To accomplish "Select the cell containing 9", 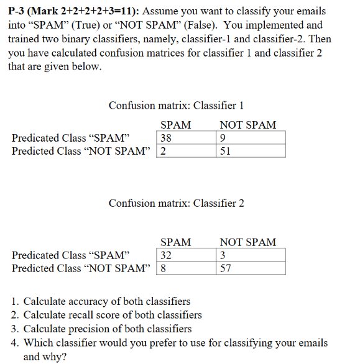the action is click(x=251, y=138).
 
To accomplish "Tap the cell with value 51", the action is click(x=251, y=151).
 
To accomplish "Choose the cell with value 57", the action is click(x=251, y=268).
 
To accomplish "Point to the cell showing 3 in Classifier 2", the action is click(x=251, y=255).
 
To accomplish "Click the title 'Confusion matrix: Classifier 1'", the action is click(x=176, y=106).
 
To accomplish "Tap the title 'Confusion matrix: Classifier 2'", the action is click(x=176, y=203).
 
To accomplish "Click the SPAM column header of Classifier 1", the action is click(x=175, y=125).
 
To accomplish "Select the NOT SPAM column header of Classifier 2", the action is click(x=247, y=242).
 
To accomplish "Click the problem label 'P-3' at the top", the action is click(x=19, y=11).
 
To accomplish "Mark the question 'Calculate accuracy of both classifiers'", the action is click(x=106, y=301).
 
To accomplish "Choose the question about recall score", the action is click(x=112, y=315).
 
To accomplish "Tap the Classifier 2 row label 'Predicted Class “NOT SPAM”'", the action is click(x=81, y=268).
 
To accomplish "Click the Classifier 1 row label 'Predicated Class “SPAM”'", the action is click(x=70, y=138).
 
